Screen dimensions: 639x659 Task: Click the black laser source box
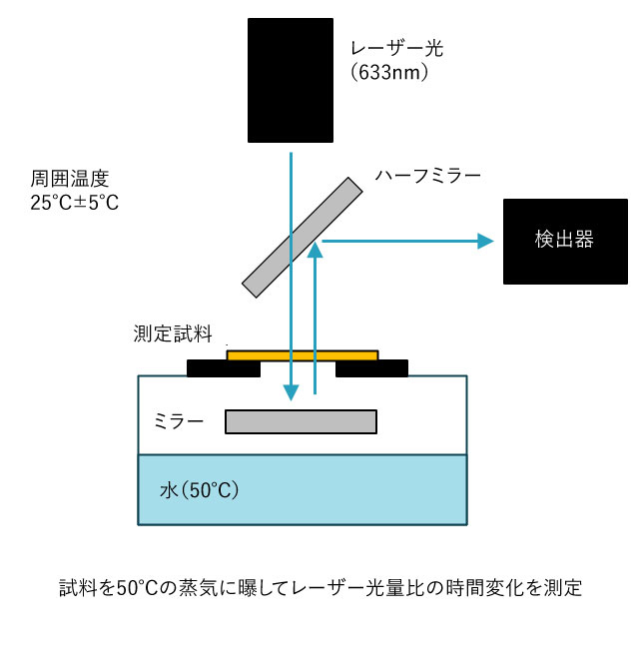291,80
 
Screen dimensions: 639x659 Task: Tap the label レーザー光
396,49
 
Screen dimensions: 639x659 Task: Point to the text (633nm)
389,72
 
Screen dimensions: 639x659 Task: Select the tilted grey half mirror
302,238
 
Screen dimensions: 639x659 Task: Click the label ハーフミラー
427,176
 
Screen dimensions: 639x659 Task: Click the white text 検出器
564,240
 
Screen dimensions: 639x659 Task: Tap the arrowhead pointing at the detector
485,242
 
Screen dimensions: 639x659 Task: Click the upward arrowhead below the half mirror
315,250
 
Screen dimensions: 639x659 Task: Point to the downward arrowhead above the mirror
291,392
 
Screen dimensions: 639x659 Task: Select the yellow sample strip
303,355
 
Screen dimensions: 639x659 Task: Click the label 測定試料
173,333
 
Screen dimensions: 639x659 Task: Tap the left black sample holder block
224,368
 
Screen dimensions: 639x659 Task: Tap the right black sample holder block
371,368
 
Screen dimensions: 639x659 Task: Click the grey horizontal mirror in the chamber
301,421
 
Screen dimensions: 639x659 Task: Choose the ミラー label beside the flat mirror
179,421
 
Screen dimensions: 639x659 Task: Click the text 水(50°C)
200,490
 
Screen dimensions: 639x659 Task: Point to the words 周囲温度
70,179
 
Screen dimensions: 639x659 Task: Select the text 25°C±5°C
75,202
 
